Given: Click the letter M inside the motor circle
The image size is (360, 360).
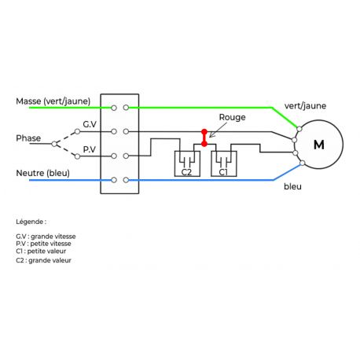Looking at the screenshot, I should click(318, 145).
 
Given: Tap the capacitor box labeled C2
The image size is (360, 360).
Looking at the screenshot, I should click(186, 163).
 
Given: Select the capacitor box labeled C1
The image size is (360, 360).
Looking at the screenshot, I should click(223, 163).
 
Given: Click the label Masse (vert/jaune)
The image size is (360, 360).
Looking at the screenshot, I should click(53, 101).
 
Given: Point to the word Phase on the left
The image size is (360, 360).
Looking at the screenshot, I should click(28, 138).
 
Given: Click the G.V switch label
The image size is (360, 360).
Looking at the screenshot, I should click(90, 125).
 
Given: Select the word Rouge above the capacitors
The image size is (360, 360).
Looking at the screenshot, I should click(233, 117).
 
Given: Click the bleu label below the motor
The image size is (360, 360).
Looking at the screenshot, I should click(292, 187).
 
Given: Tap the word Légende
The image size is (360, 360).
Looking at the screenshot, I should click(31, 222).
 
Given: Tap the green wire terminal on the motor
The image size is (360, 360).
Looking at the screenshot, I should click(299, 127).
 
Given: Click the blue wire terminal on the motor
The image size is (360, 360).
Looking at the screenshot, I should click(301, 163).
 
